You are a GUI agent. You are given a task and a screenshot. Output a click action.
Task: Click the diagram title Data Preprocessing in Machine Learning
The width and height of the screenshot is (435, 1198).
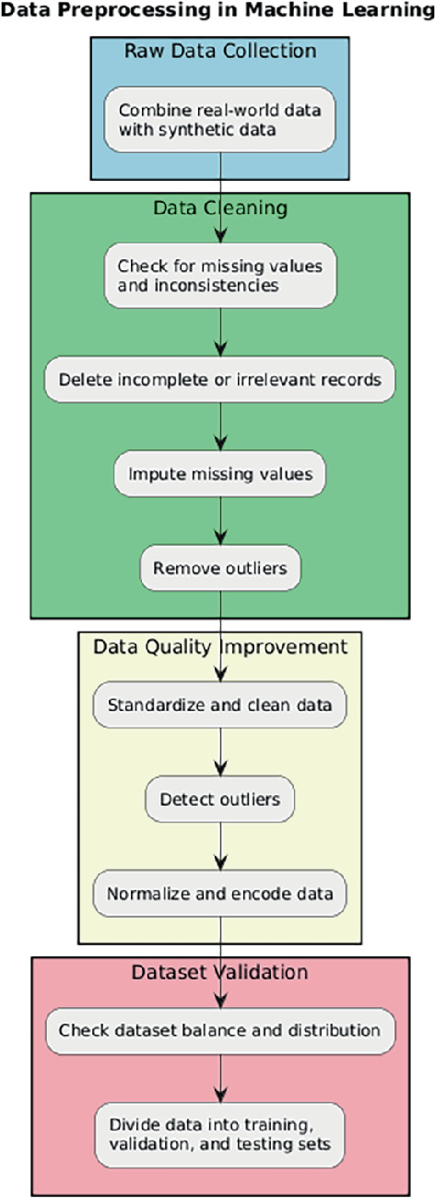tap(217, 12)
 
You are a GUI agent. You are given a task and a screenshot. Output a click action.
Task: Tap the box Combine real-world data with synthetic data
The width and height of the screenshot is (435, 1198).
tap(219, 119)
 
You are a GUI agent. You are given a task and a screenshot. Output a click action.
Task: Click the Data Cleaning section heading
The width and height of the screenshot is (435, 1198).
tap(220, 208)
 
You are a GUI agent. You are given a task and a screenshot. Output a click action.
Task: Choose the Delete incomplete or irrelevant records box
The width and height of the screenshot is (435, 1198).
tap(220, 379)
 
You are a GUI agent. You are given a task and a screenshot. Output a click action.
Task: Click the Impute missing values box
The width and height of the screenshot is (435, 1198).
tap(220, 474)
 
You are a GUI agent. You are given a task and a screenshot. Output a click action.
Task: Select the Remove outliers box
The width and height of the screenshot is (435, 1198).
tap(220, 568)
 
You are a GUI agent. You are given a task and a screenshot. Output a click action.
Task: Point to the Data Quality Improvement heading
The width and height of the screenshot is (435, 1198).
tap(220, 646)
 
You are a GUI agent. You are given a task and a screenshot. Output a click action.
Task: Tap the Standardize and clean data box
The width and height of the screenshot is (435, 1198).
tap(220, 706)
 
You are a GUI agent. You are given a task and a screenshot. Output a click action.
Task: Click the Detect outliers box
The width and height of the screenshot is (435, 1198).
tap(220, 800)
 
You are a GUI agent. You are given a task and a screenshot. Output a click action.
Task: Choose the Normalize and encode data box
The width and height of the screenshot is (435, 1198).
tap(220, 894)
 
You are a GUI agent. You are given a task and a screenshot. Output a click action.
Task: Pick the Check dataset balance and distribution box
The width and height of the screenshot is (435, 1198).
tap(220, 1028)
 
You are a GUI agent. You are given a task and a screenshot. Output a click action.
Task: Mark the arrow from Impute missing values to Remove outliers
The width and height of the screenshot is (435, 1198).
tap(220, 521)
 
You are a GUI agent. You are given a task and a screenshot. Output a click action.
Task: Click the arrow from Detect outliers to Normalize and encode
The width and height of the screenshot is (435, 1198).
tap(220, 847)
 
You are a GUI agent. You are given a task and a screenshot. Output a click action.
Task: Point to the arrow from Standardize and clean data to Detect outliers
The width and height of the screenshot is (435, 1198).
tap(220, 753)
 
